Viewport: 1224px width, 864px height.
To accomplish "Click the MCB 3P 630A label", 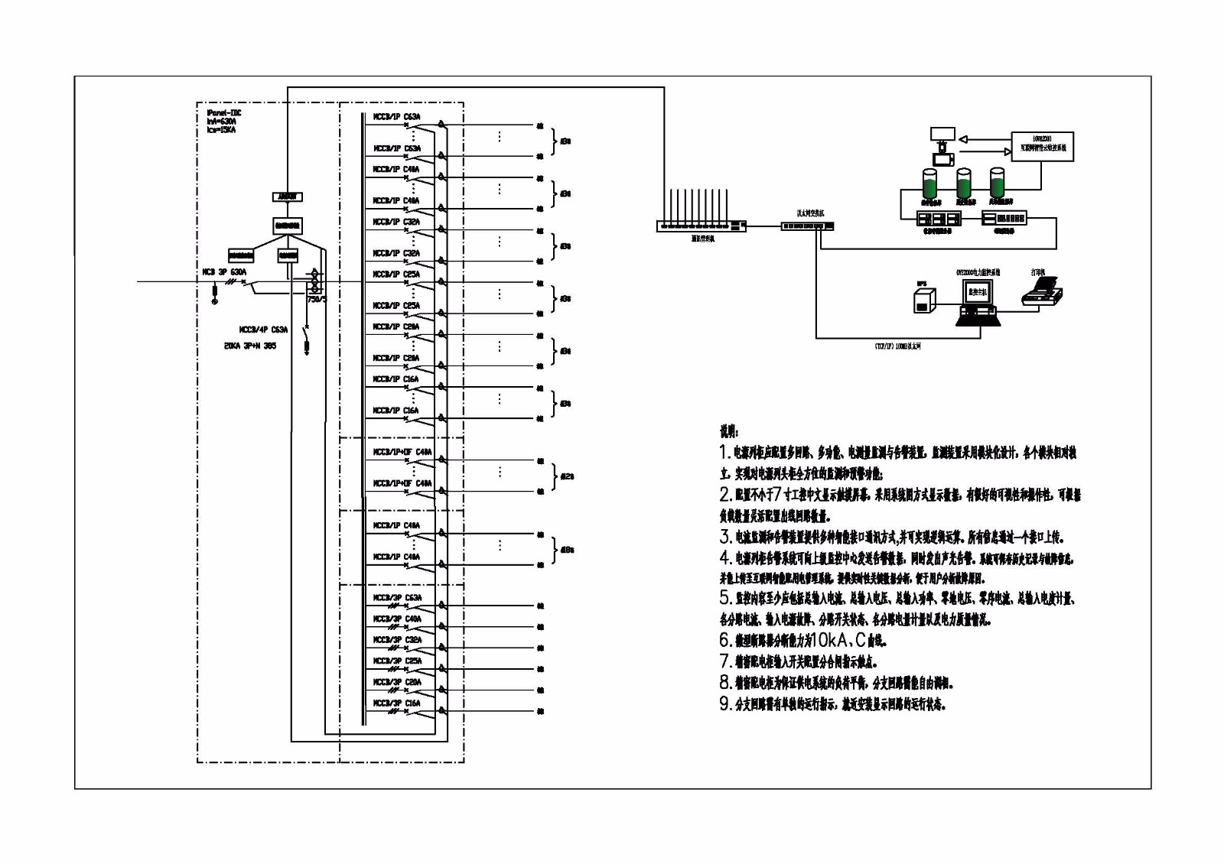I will tap(224, 272).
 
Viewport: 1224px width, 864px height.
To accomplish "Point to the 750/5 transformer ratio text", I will tap(317, 300).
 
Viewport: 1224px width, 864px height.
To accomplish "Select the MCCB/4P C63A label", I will tap(263, 330).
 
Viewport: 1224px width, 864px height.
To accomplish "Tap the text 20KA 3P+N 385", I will tap(250, 346).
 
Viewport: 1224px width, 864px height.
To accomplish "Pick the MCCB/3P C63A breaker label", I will tap(397, 598).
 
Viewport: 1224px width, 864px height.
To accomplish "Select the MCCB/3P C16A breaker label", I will tap(397, 703).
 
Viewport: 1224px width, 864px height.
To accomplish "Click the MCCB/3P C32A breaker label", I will tap(397, 640).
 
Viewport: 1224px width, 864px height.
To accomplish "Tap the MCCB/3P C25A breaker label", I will tap(397, 661).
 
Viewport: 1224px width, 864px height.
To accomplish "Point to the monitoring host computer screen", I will tap(977, 292).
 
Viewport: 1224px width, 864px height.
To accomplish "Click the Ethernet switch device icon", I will tap(807, 226).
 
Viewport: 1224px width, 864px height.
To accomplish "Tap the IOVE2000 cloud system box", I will tap(1042, 145).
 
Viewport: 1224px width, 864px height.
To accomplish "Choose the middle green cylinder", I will tap(964, 184).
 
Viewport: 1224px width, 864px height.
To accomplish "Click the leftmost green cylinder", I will tap(930, 184).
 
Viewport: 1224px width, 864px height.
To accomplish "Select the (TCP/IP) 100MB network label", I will tap(898, 346).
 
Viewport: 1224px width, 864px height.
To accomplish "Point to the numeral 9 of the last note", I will tap(724, 704).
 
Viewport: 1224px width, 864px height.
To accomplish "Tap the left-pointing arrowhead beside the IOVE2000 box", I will tap(964, 140).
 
